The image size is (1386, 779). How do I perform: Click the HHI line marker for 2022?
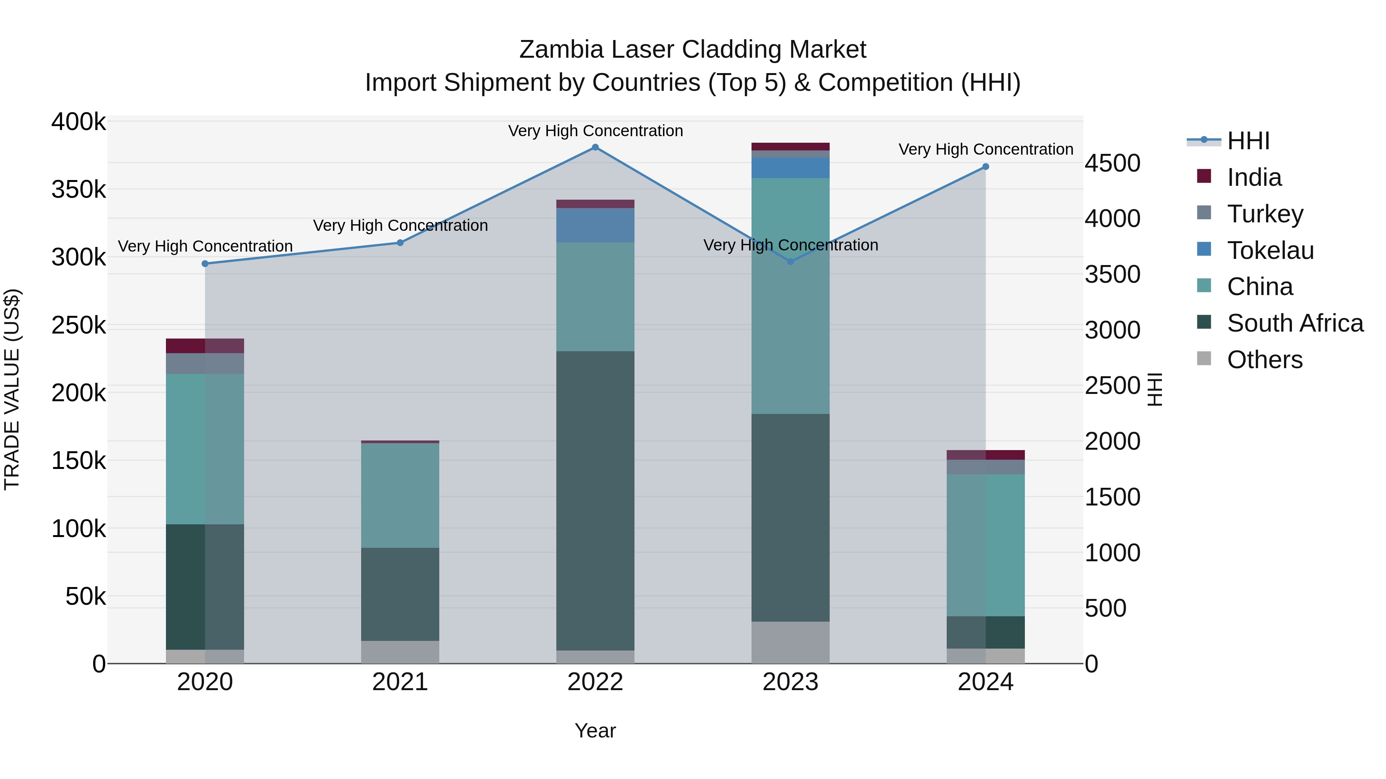(595, 147)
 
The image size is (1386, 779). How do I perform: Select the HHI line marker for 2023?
(790, 262)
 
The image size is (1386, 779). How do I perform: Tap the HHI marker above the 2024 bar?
(986, 167)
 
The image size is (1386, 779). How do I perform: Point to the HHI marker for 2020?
(205, 264)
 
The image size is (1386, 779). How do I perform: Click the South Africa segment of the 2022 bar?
(595, 500)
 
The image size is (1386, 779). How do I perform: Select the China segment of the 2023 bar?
(790, 296)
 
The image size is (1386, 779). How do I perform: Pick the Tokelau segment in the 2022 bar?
(595, 225)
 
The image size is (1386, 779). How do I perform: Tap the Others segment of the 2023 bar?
(790, 642)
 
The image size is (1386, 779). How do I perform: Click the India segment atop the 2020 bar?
(205, 346)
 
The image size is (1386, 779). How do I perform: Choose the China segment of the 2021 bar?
(400, 495)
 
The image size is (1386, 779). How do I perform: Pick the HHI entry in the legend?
(1248, 141)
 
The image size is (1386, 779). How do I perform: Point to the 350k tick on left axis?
(79, 190)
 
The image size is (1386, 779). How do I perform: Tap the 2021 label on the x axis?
(400, 682)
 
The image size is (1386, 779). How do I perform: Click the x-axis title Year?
(595, 731)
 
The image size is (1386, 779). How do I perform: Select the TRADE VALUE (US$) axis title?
(12, 389)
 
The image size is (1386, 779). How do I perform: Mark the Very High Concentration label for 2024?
(986, 150)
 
